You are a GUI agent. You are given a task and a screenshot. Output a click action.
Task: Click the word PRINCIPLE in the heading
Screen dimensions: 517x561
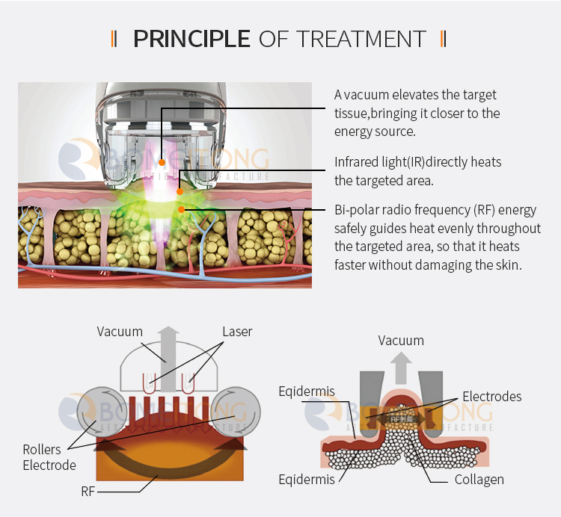[191, 38]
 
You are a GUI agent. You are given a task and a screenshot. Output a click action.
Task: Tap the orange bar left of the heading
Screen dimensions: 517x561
[114, 38]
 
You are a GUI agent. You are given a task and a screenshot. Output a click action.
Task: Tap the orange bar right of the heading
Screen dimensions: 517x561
[444, 38]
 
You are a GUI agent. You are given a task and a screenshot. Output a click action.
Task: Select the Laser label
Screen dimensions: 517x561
[237, 332]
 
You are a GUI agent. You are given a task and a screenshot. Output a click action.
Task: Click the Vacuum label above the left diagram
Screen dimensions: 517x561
[120, 332]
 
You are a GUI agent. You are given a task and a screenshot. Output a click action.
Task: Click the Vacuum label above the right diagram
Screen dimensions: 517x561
[401, 341]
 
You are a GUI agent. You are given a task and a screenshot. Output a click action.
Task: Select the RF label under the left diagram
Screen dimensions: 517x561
[88, 492]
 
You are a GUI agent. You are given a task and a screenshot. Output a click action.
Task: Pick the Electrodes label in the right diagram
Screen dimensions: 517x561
[491, 396]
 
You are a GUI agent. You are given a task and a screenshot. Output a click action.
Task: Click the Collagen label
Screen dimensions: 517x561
[479, 479]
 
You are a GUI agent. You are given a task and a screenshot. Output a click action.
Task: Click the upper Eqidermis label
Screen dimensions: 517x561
[307, 391]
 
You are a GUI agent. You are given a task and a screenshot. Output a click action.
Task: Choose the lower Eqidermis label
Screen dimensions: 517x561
[307, 479]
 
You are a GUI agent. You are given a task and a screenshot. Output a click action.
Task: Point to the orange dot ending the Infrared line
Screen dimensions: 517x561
[180, 192]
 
